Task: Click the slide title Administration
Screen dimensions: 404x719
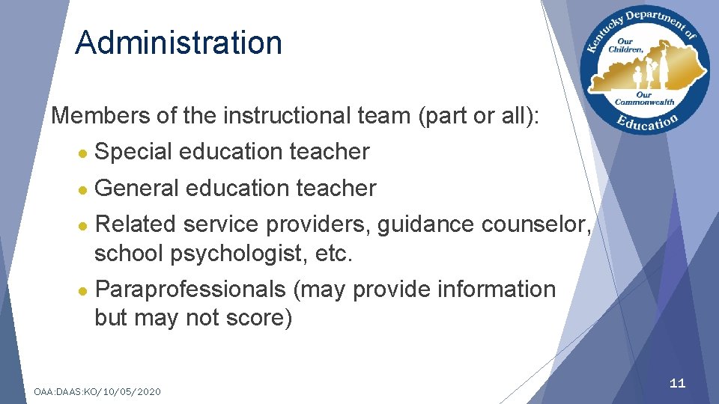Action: [x=178, y=43]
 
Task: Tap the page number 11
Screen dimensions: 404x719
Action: [x=677, y=384]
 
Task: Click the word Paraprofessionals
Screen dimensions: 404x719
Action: [x=190, y=290]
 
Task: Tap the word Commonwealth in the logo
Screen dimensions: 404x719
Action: [x=645, y=102]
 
